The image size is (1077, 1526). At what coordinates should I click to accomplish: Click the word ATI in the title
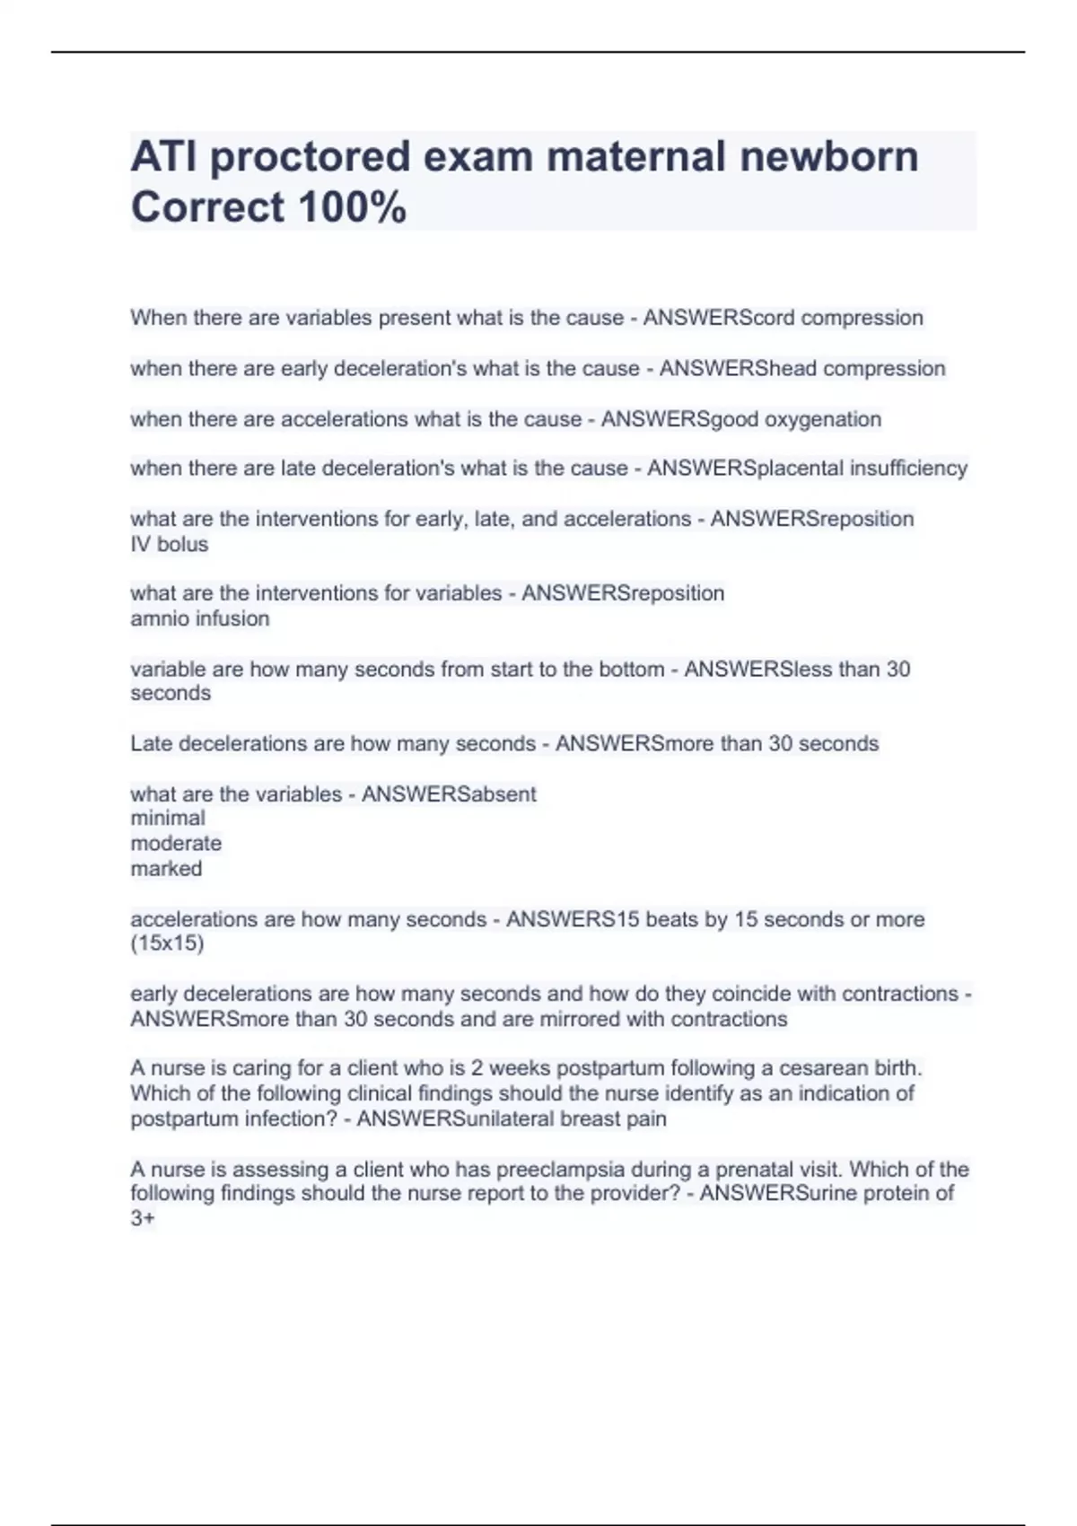[x=163, y=157]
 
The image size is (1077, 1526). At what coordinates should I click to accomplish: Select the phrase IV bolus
[x=170, y=544]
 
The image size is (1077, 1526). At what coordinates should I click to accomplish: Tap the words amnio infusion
[x=200, y=618]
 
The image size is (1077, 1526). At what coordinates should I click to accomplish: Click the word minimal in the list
[x=168, y=818]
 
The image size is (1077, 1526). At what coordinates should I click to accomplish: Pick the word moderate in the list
[x=176, y=843]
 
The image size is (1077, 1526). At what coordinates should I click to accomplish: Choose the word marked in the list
[x=166, y=868]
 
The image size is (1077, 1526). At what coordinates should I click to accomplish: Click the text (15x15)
[x=167, y=943]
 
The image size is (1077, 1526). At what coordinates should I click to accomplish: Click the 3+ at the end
[x=143, y=1218]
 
